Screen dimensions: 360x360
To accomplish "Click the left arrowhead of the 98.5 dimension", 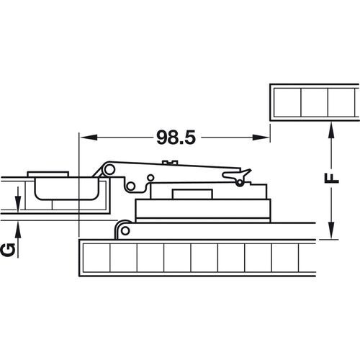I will (83, 136).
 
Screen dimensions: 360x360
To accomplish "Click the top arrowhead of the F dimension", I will (330, 128).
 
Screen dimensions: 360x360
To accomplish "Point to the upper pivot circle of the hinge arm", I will (110, 168).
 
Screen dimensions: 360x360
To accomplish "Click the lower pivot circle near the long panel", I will (124, 229).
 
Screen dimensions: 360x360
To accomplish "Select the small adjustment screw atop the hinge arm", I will (171, 162).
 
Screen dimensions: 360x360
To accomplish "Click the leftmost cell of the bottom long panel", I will (96, 258).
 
